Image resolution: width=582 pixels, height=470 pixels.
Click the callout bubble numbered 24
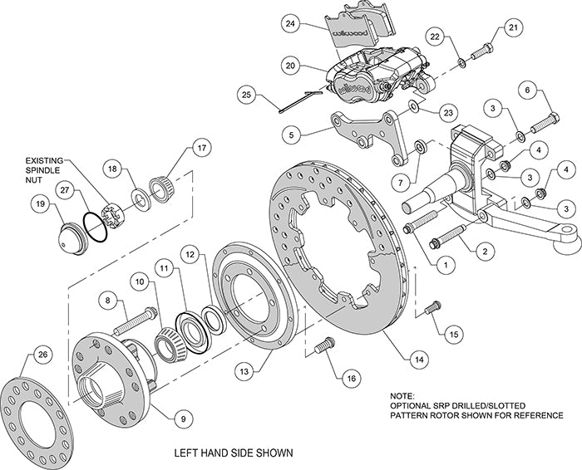pos(290,25)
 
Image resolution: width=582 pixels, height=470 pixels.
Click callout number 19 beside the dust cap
pos(38,203)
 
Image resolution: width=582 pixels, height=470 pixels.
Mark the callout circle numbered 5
pos(289,131)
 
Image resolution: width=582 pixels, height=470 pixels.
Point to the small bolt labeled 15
pos(431,309)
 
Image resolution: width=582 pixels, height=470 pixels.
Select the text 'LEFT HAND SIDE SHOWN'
pos(232,453)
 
